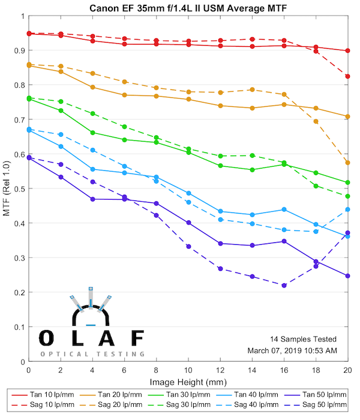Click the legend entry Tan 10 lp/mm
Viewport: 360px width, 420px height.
pos(56,395)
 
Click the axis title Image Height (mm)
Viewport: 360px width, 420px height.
pos(188,382)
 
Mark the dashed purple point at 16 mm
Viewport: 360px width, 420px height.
pos(284,286)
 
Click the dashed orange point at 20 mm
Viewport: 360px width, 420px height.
pos(348,163)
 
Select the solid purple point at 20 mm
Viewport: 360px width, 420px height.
pos(348,276)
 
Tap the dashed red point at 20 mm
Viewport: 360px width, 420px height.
pos(348,76)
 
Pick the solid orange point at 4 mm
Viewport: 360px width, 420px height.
pos(92,87)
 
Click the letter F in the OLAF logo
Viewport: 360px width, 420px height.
pos(137,338)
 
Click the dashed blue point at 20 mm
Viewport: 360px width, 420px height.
pos(348,209)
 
